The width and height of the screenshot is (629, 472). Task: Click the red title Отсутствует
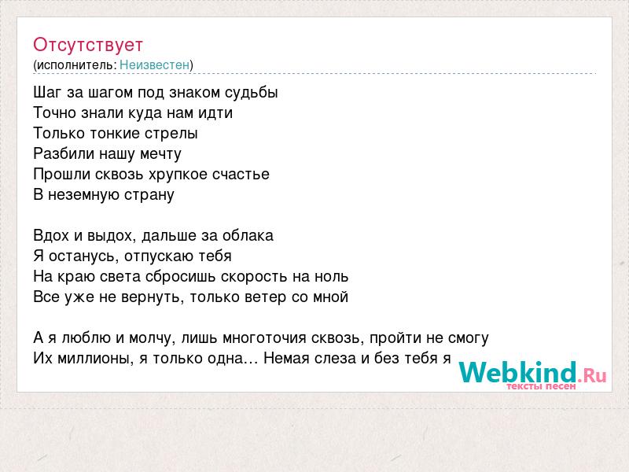click(88, 45)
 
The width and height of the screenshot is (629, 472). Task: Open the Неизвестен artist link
click(154, 65)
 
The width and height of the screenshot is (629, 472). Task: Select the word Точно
click(55, 112)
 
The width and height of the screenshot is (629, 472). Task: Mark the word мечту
click(160, 154)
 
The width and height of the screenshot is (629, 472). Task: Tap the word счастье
click(241, 175)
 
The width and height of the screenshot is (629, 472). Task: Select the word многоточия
click(264, 338)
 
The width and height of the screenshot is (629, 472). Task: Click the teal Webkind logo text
click(518, 372)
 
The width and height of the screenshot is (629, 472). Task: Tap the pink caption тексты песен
click(541, 386)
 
